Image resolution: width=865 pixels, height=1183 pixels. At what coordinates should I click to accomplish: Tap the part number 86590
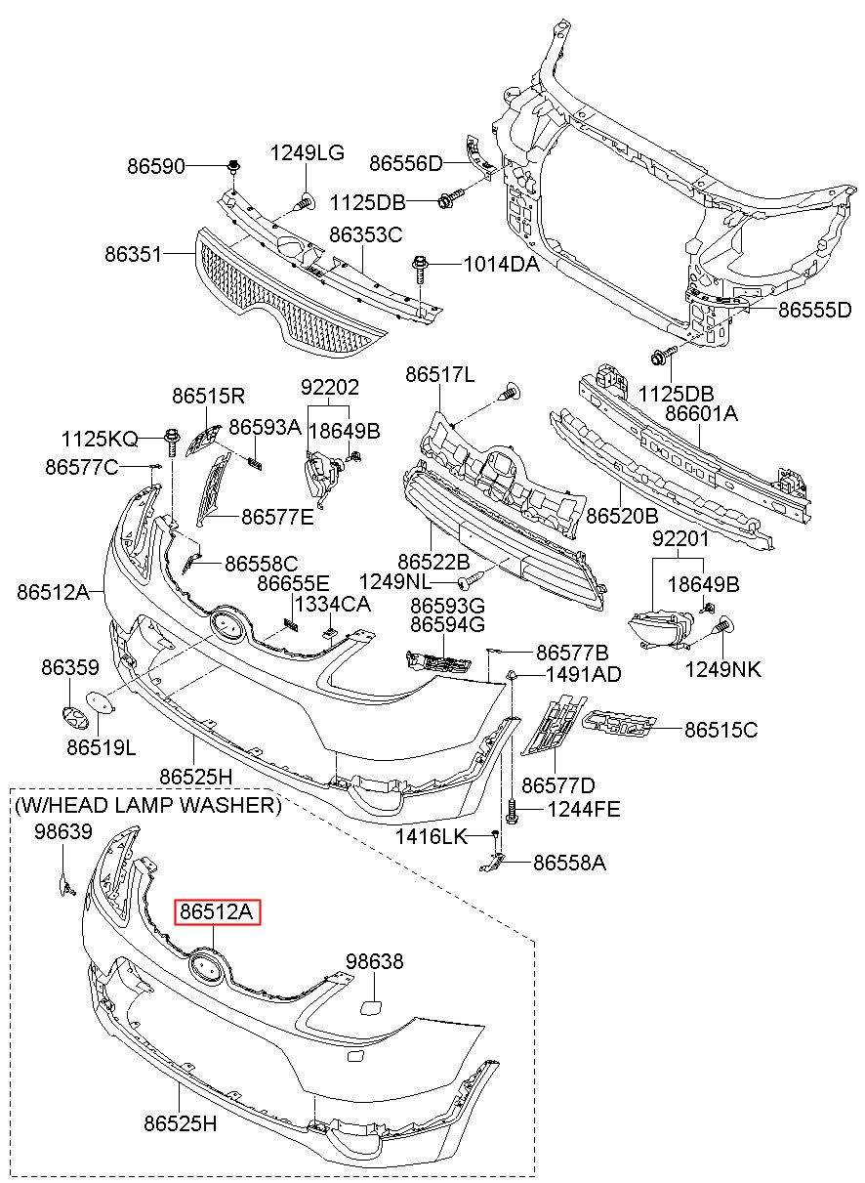pyautogui.click(x=156, y=167)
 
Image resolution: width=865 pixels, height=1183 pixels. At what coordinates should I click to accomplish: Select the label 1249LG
pyautogui.click(x=308, y=153)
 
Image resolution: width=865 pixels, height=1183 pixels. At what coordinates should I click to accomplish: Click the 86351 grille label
pyautogui.click(x=133, y=255)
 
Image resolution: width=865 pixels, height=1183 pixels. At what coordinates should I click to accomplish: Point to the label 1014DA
pyautogui.click(x=502, y=264)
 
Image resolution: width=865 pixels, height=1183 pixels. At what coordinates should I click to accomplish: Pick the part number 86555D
pyautogui.click(x=815, y=310)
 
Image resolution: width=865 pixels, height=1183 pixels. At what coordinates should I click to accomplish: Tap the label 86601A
pyautogui.click(x=701, y=413)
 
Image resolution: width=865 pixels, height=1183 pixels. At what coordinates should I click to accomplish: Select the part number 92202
pyautogui.click(x=330, y=388)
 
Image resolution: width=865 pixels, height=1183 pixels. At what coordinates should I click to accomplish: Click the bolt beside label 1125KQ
pyautogui.click(x=172, y=442)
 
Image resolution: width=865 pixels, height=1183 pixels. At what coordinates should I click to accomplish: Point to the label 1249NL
pyautogui.click(x=394, y=581)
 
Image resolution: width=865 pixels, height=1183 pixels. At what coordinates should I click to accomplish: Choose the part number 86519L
pyautogui.click(x=102, y=747)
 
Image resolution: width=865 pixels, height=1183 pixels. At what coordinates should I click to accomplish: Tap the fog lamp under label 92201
pyautogui.click(x=661, y=629)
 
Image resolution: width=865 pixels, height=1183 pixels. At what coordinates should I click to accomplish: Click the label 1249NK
pyautogui.click(x=723, y=670)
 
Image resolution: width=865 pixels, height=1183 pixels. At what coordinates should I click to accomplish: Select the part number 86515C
pyautogui.click(x=721, y=730)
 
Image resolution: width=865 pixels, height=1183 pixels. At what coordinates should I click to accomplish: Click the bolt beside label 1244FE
pyautogui.click(x=511, y=811)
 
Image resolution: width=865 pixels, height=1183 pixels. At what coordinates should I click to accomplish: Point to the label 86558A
pyautogui.click(x=569, y=863)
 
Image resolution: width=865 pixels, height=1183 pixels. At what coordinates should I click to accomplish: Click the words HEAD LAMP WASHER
pyautogui.click(x=161, y=805)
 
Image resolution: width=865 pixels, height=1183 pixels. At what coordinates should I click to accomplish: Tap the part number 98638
pyautogui.click(x=375, y=961)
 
